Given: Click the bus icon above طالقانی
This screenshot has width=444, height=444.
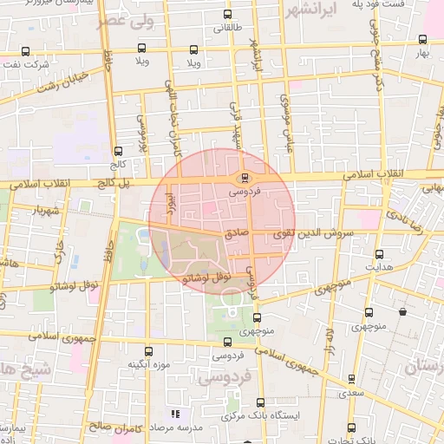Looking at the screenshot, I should pyautogui.click(x=227, y=15).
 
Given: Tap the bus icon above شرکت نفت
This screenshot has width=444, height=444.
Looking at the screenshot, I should pyautogui.click(x=24, y=51).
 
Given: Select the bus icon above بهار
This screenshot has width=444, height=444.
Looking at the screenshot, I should pyautogui.click(x=422, y=39).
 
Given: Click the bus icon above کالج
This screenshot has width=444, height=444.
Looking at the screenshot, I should pyautogui.click(x=117, y=150).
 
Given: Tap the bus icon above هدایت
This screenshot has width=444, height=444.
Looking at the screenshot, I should pyautogui.click(x=379, y=254).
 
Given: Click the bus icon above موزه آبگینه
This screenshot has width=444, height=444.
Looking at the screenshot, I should pyautogui.click(x=148, y=351).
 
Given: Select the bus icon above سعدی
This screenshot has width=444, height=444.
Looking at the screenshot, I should pyautogui.click(x=350, y=379).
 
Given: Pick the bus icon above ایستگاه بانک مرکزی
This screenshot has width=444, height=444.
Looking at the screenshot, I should pyautogui.click(x=260, y=402).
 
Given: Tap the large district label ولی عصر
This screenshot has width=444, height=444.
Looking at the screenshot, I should pyautogui.click(x=127, y=21).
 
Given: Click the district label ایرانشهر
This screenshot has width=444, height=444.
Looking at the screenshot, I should pyautogui.click(x=315, y=11).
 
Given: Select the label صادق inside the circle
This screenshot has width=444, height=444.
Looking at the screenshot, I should pyautogui.click(x=237, y=233).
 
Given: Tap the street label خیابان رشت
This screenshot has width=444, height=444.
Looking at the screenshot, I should pyautogui.click(x=57, y=82).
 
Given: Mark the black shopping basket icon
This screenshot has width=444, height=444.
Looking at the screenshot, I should pyautogui.click(x=402, y=311).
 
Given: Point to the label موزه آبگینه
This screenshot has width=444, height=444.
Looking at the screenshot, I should pyautogui.click(x=148, y=363).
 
